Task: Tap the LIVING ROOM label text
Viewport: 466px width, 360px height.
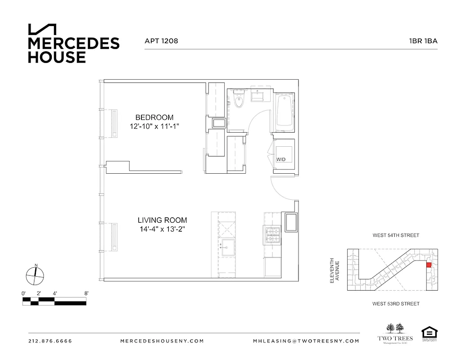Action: (162, 220)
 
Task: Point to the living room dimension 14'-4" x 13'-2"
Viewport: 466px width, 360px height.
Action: (162, 229)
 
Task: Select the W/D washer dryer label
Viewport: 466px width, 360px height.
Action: (281, 159)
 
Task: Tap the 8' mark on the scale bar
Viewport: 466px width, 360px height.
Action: (86, 293)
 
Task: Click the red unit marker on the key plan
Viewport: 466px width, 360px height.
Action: (428, 265)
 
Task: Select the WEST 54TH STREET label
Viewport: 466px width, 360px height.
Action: (396, 235)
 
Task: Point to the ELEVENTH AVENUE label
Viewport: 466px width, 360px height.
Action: (335, 270)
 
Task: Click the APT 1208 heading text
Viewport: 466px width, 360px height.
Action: (161, 40)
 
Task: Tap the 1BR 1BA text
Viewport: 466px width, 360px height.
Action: (423, 40)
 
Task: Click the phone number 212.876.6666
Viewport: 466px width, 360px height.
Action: (50, 341)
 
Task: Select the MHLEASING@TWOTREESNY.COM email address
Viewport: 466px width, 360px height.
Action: (306, 341)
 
